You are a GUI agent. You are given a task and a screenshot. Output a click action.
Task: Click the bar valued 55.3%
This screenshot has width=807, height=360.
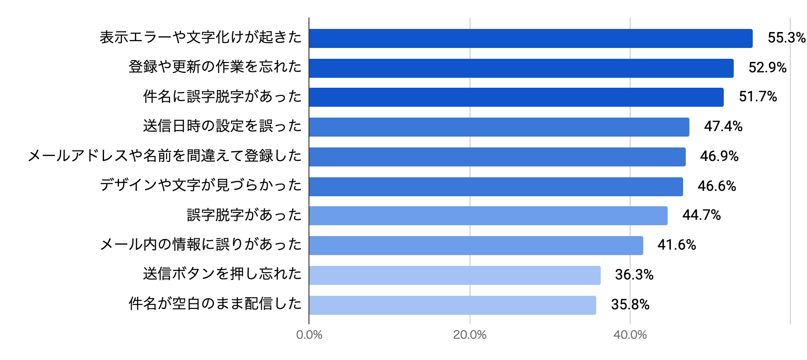pos(531,38)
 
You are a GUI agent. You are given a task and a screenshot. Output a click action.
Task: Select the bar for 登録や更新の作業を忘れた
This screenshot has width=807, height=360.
pos(521,68)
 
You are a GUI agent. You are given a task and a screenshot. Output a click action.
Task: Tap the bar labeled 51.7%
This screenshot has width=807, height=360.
pos(516,97)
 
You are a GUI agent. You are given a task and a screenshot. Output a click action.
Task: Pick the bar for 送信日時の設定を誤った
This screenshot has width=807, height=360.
pos(499,127)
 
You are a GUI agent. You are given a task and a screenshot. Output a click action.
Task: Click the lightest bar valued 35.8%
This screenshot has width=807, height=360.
pos(452,305)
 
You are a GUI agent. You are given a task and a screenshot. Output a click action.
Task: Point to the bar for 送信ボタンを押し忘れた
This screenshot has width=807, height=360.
pos(455,275)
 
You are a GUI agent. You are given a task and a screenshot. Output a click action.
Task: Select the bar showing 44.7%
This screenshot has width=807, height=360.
pos(488,216)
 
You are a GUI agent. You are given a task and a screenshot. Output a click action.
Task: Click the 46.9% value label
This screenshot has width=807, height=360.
pos(719,156)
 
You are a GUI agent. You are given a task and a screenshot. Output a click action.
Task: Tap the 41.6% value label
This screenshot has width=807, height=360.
pos(677,245)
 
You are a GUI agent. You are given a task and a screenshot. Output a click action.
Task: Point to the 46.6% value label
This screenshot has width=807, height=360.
pos(717,186)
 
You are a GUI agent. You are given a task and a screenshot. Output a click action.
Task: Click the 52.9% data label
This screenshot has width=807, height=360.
pos(768,68)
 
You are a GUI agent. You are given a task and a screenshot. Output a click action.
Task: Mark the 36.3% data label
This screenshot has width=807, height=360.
pos(634,275)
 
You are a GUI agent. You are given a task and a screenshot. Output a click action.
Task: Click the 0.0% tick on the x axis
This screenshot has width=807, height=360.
pos(309,335)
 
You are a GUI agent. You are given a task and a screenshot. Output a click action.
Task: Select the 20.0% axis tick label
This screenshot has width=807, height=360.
pos(470,335)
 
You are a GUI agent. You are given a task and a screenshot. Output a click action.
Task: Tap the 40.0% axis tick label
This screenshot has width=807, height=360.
pos(630,335)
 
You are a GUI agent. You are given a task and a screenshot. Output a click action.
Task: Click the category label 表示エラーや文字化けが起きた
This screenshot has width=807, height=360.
pos(200,38)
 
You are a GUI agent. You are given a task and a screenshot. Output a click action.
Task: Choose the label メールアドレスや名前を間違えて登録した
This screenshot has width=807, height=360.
pos(165,156)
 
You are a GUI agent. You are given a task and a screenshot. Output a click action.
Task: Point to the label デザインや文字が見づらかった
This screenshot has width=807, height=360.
pos(200,185)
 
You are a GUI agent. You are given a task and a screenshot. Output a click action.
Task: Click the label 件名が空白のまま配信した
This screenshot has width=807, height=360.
pos(215,304)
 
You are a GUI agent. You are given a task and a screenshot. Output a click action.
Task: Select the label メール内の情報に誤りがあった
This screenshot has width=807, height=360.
pos(200,245)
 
